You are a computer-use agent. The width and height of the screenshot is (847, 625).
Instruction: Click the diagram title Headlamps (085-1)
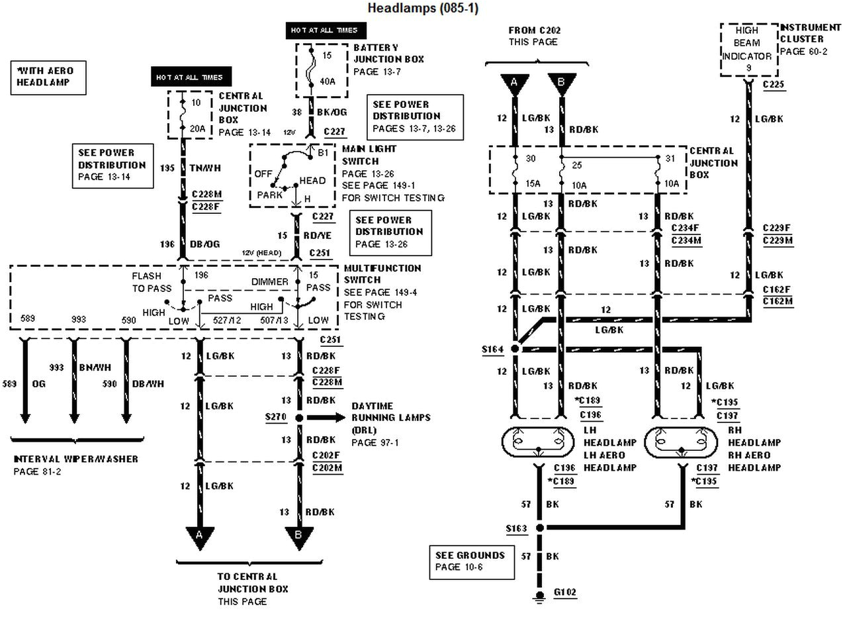point(423,8)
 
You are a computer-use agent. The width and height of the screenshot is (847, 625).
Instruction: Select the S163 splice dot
point(539,528)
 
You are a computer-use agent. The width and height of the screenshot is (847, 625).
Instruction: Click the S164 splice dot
point(515,348)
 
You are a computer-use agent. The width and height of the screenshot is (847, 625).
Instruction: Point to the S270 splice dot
point(299,418)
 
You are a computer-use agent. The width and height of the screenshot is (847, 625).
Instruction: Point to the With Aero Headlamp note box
point(46,76)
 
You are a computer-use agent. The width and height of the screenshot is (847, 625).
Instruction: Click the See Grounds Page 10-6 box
point(470,561)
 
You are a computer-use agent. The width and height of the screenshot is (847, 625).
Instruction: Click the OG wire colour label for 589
point(38,383)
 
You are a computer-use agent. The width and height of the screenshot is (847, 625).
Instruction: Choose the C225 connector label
point(773,85)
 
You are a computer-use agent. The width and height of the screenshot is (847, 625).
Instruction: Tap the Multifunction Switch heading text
point(382,274)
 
